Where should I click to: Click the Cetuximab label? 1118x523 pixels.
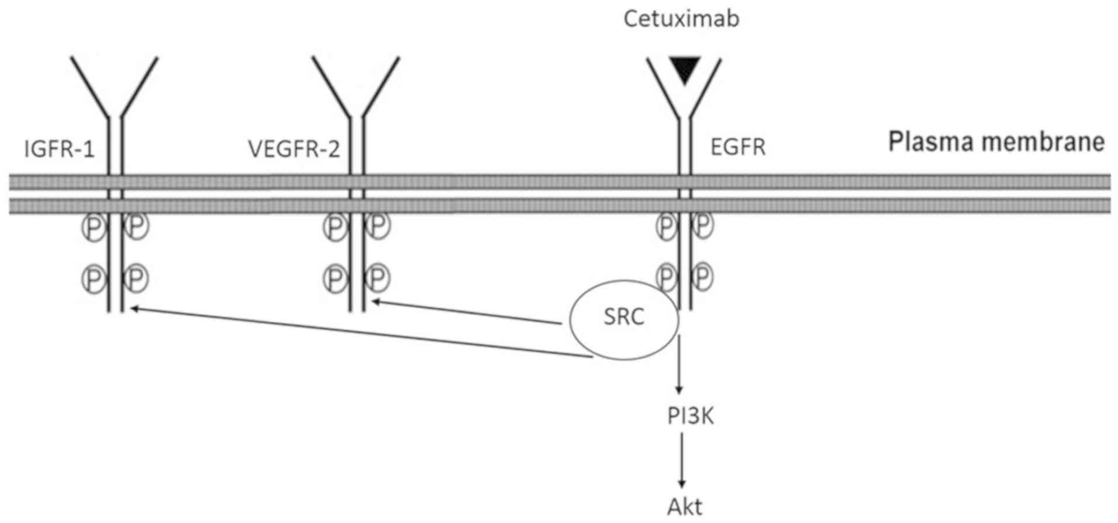click(681, 19)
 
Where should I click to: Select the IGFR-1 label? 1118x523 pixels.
click(59, 149)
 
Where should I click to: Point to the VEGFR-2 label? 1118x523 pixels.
click(294, 149)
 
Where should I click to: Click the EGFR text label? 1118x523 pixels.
click(738, 147)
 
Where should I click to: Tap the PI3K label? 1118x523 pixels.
click(690, 417)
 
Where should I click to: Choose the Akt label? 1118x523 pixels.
click(684, 507)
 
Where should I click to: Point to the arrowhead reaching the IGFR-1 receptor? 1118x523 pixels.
click(134, 308)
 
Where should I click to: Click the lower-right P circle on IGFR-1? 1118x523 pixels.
click(136, 278)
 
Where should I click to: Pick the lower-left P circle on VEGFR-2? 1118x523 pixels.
click(335, 278)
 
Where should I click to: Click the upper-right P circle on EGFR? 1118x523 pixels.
click(703, 225)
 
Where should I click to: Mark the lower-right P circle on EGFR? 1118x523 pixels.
click(703, 276)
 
